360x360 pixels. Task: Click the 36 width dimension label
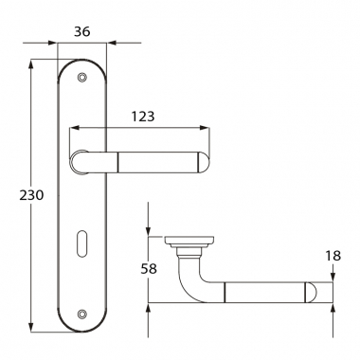pos(82,31)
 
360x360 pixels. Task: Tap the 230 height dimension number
pos(31,195)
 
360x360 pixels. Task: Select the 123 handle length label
pos(143,117)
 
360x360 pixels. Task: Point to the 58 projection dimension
pos(149,269)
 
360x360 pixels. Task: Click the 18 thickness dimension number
pos(333,256)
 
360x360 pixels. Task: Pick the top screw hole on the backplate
pos(82,77)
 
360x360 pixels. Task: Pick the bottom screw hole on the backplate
pos(82,314)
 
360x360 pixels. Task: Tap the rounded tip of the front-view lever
pos(204,163)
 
